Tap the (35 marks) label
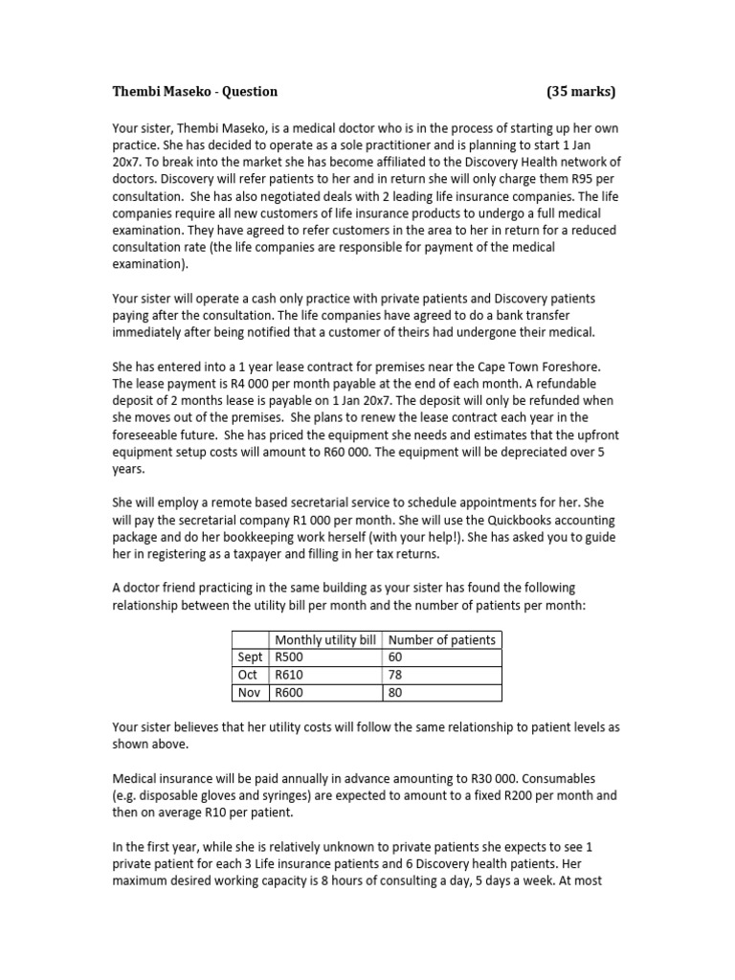click(581, 92)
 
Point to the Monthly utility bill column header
click(326, 639)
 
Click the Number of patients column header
click(442, 639)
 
